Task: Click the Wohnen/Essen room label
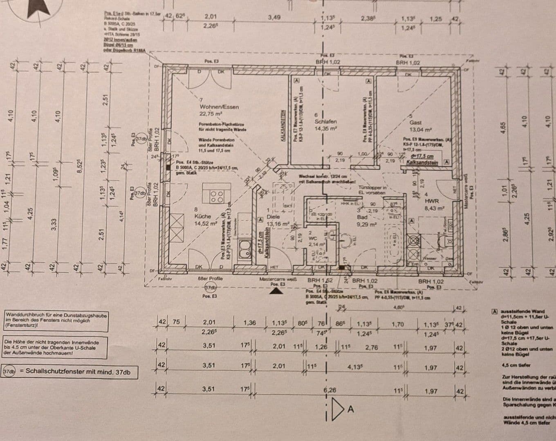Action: [x=219, y=107]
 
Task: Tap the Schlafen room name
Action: [x=325, y=122]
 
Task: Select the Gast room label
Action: [x=415, y=122]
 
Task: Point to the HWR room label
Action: [x=431, y=201]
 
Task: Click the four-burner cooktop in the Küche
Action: [x=217, y=197]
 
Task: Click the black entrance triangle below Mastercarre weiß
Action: [x=277, y=291]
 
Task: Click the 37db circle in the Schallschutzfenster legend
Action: [x=9, y=372]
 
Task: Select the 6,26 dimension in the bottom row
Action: [x=330, y=390]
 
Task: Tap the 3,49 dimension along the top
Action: [x=274, y=17]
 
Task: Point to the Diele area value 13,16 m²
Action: [x=278, y=224]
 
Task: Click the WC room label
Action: [x=313, y=238]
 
